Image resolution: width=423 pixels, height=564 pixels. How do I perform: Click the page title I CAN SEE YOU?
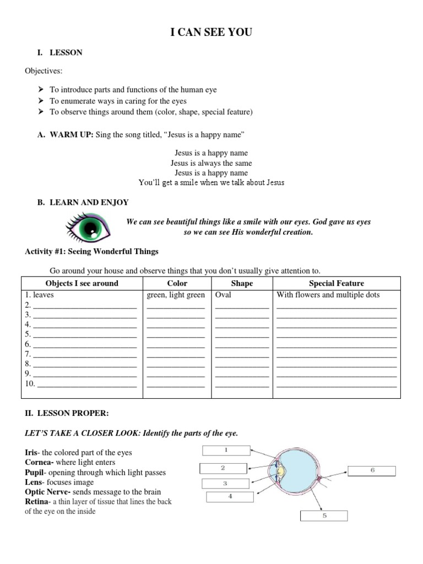[211, 33]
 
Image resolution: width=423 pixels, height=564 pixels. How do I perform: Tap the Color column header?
[177, 283]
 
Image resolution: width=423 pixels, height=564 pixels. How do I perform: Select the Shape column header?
[242, 283]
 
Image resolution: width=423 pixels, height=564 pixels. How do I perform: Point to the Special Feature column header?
[336, 283]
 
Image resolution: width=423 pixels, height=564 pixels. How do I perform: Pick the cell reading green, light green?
[176, 295]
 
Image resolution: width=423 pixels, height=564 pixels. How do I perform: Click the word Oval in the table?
[224, 295]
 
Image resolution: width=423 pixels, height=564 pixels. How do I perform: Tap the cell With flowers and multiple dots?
[328, 295]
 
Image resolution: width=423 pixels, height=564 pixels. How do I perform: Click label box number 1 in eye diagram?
[226, 451]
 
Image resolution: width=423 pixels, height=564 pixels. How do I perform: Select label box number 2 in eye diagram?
[223, 468]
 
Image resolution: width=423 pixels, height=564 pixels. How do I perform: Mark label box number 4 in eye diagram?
[230, 497]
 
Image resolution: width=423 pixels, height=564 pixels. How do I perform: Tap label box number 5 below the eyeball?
[324, 516]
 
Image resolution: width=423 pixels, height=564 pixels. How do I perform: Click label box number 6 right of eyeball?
[372, 470]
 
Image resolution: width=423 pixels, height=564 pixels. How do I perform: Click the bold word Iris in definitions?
[31, 453]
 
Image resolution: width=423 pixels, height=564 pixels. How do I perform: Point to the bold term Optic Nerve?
[46, 492]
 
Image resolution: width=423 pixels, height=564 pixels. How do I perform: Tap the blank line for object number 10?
[86, 384]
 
